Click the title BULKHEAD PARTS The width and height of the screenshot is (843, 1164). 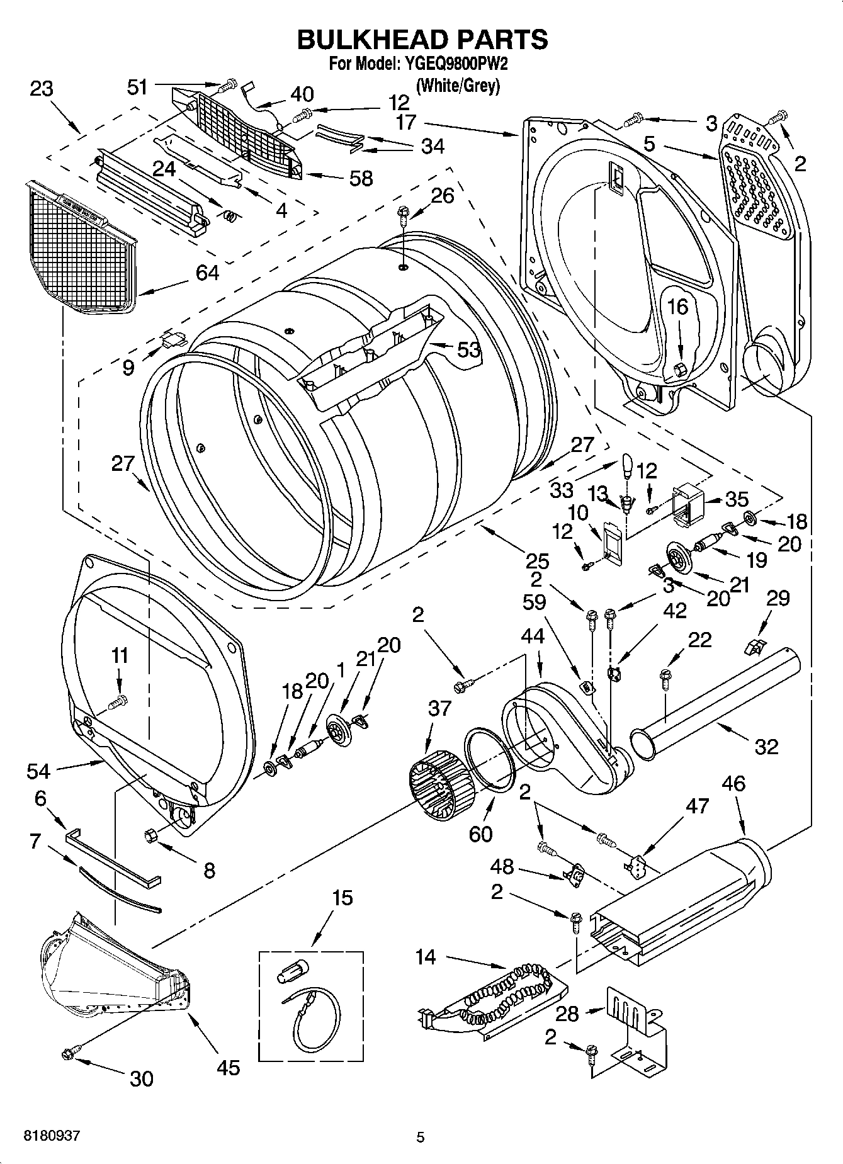422,39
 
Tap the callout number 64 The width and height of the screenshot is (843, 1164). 207,273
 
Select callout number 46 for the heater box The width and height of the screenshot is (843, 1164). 733,784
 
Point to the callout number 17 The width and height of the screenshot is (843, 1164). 407,121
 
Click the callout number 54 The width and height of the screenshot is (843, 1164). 40,770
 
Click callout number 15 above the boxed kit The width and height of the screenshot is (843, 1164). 342,898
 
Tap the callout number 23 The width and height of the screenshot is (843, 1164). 42,89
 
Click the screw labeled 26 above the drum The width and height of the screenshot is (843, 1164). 401,217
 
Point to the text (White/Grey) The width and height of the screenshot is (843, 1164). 458,85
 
